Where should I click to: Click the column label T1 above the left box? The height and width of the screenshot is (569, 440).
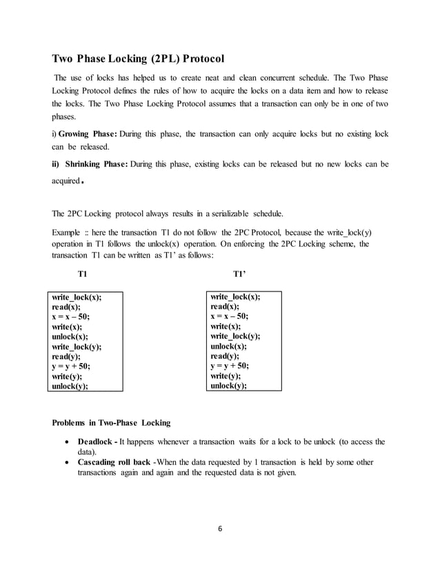point(83,274)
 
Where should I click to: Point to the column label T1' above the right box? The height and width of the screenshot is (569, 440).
point(239,274)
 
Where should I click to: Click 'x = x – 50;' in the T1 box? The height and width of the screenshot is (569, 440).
point(71,317)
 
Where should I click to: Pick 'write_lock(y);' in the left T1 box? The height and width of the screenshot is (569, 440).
point(77,347)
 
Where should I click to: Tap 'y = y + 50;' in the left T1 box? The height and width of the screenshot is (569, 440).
point(72,367)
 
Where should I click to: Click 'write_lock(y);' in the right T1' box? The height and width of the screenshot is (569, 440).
point(235,336)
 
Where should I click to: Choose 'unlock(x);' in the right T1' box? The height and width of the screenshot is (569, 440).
point(229,346)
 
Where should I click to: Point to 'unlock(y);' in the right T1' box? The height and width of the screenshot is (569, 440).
point(229,386)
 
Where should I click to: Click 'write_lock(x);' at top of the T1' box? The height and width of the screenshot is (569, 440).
point(235,297)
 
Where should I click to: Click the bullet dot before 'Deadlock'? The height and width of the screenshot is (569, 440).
point(66,442)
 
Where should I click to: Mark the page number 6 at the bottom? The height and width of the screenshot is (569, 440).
point(219,530)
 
